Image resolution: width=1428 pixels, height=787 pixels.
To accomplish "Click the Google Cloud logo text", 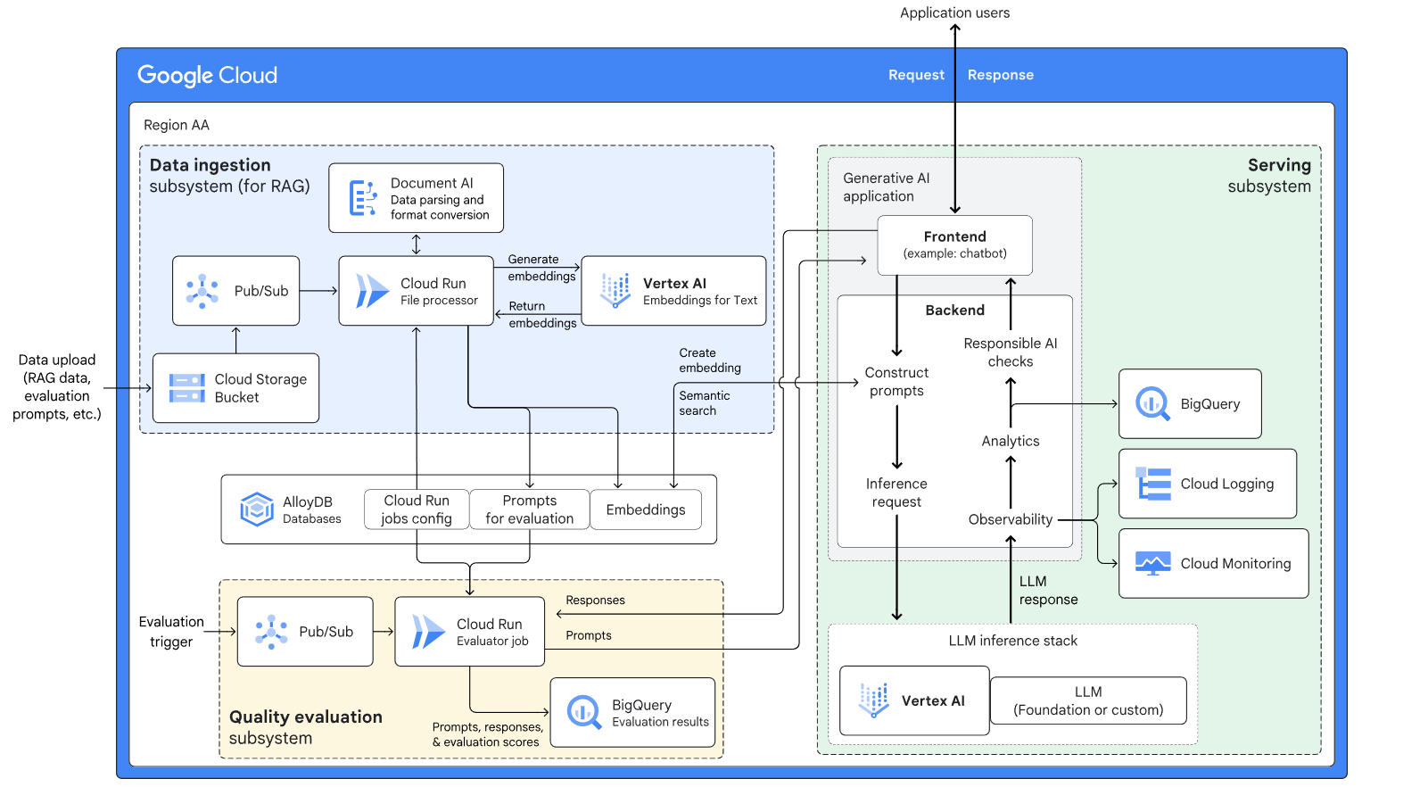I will pyautogui.click(x=207, y=75).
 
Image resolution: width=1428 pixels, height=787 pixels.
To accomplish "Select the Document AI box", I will pyautogui.click(x=416, y=198).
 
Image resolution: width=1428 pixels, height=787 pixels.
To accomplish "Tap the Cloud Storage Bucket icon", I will pyautogui.click(x=187, y=388).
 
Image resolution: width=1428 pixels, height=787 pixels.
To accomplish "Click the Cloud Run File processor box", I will pyautogui.click(x=416, y=291).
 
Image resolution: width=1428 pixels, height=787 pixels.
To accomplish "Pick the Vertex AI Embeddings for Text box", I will pyautogui.click(x=673, y=291).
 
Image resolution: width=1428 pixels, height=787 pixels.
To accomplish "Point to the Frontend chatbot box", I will pyautogui.click(x=954, y=244).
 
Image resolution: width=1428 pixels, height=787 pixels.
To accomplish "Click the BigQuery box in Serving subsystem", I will pyautogui.click(x=1190, y=404).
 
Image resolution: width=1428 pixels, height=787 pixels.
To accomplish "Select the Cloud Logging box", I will pyautogui.click(x=1208, y=484).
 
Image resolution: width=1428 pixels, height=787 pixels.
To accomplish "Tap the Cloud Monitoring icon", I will pyautogui.click(x=1152, y=564).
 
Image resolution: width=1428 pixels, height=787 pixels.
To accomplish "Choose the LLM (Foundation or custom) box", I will pyautogui.click(x=1088, y=700).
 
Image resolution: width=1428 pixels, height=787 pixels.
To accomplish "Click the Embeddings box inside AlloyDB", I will pyautogui.click(x=646, y=509).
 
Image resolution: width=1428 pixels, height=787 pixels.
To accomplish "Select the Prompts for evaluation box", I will pyautogui.click(x=529, y=509).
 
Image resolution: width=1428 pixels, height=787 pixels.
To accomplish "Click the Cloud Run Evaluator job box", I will pyautogui.click(x=469, y=632).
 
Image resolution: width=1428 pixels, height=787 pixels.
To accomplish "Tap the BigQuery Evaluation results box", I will pyautogui.click(x=632, y=712).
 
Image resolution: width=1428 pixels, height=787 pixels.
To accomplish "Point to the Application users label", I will pyautogui.click(x=954, y=12).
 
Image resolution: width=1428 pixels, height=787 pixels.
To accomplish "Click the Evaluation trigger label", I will pyautogui.click(x=171, y=632).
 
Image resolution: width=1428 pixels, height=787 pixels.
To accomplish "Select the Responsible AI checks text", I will pyautogui.click(x=1010, y=352).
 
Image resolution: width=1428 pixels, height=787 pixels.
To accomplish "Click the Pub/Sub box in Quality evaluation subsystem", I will pyautogui.click(x=305, y=632).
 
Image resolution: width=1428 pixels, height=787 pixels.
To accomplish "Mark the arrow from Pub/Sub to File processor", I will pyautogui.click(x=318, y=291).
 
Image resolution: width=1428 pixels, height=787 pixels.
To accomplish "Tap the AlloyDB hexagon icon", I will pyautogui.click(x=257, y=509).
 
